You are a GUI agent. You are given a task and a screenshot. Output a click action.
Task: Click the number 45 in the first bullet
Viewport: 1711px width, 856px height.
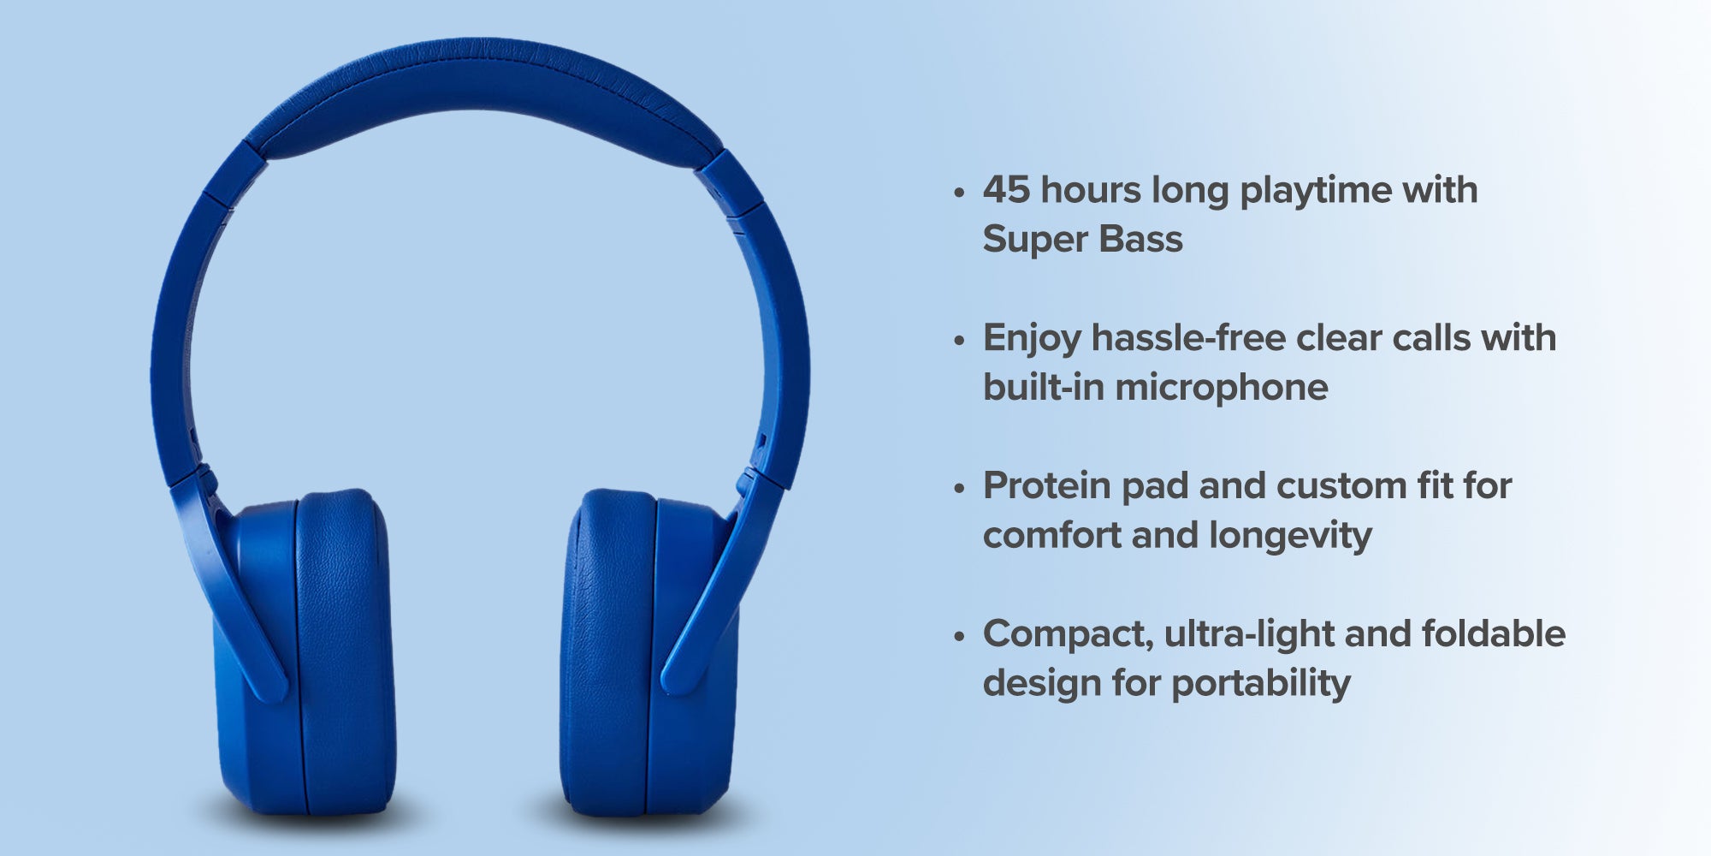1006,190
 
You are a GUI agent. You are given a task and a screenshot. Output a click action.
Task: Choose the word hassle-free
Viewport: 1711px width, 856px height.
1188,337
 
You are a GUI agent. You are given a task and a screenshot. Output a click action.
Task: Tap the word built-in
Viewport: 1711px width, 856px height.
1043,387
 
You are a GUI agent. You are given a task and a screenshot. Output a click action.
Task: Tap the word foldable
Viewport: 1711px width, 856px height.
1494,633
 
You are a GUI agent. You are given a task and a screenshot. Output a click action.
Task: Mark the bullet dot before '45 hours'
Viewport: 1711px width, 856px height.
959,193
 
